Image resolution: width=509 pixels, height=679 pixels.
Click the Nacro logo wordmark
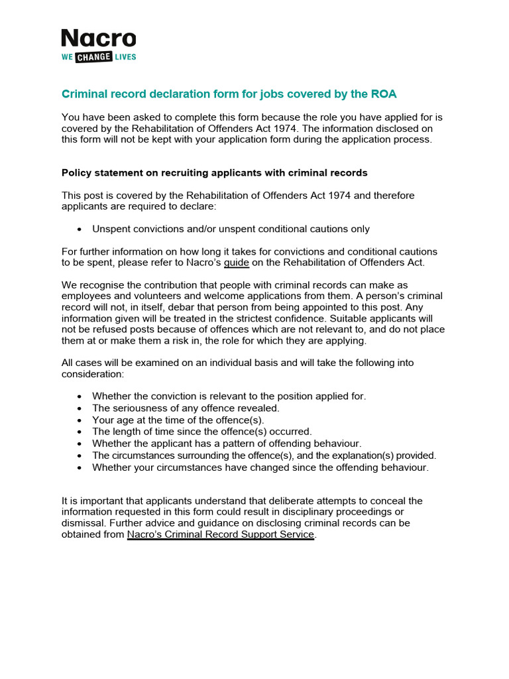point(98,39)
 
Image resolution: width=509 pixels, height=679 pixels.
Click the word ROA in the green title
point(383,94)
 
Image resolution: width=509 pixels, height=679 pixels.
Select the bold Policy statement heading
point(214,173)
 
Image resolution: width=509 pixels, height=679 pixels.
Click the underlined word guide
point(237,263)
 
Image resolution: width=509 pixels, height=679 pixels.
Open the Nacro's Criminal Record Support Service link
point(220,534)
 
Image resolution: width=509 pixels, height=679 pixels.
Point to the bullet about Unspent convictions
point(231,229)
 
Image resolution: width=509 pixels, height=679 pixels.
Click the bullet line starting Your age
point(178,420)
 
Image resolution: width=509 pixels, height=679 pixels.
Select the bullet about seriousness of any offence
point(186,408)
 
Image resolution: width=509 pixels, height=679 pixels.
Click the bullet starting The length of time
point(201,432)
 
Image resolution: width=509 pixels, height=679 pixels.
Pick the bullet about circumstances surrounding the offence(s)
point(264,456)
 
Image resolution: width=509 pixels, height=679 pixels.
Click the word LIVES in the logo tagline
point(124,57)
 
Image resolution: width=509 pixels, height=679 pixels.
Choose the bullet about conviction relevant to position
point(229,396)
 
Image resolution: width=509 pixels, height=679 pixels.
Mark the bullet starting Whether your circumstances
point(260,467)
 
